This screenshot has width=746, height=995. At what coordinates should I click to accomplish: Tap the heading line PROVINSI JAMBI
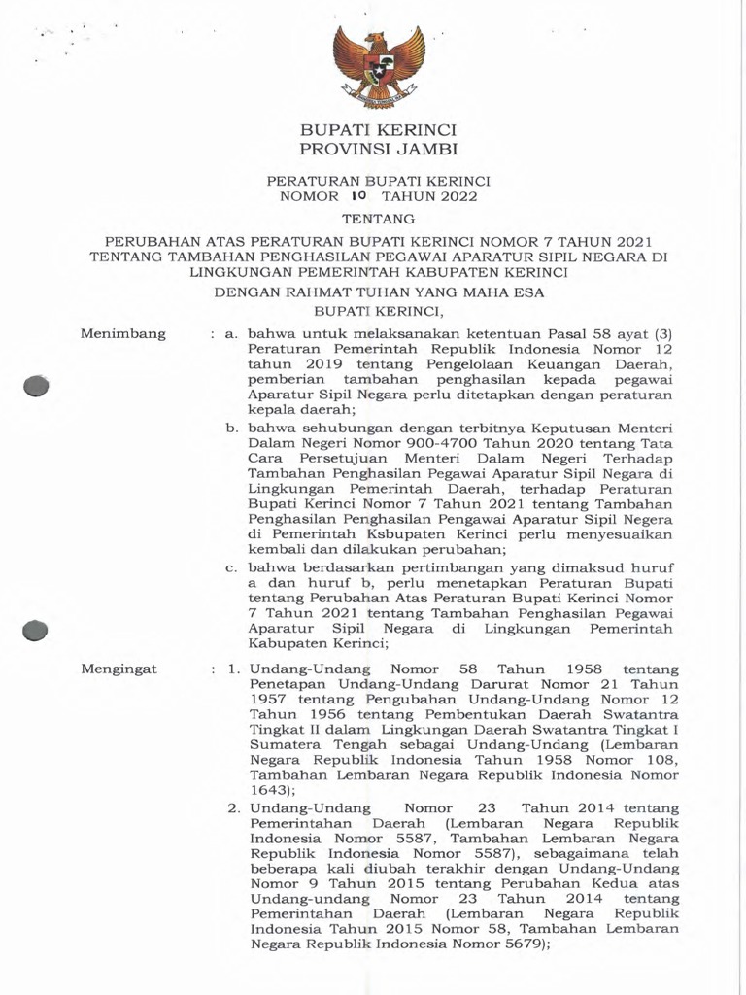pyautogui.click(x=378, y=150)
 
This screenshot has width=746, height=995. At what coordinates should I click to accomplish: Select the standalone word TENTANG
pyautogui.click(x=378, y=219)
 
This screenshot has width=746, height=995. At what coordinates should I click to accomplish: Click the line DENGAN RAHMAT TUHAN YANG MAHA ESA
pyautogui.click(x=378, y=292)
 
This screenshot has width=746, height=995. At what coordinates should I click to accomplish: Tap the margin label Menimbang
pyautogui.click(x=122, y=334)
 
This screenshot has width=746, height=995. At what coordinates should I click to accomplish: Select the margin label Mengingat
pyautogui.click(x=119, y=669)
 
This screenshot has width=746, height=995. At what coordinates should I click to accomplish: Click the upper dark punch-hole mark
pyautogui.click(x=37, y=386)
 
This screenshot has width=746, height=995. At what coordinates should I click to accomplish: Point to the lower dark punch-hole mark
pyautogui.click(x=36, y=632)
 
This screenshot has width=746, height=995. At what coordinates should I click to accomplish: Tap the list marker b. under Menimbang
pyautogui.click(x=233, y=429)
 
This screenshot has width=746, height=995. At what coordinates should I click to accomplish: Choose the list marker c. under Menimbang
pyautogui.click(x=232, y=567)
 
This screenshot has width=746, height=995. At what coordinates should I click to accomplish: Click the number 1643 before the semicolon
pyautogui.click(x=268, y=791)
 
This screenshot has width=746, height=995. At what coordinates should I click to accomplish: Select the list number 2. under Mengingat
pyautogui.click(x=234, y=808)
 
